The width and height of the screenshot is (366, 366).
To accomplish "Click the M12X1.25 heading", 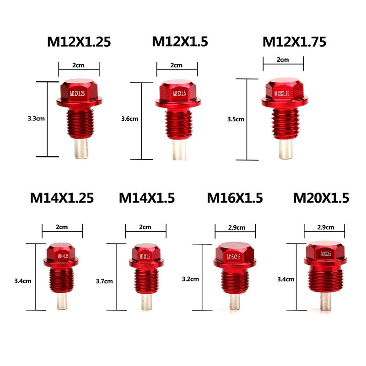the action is tap(79, 42).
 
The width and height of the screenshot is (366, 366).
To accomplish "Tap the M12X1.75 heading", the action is tap(294, 42).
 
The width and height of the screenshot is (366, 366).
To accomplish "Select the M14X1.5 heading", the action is tap(147, 198).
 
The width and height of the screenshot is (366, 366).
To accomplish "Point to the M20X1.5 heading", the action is tap(321, 198).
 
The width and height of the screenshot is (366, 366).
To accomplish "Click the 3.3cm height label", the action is tap(36, 118).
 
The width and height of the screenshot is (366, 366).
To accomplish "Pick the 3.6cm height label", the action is tap(129, 119).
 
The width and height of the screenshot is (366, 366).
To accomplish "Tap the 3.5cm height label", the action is tap(236, 119).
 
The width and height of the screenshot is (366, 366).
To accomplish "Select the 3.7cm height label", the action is tap(104, 281).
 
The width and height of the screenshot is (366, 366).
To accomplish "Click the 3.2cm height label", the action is tap(190, 279).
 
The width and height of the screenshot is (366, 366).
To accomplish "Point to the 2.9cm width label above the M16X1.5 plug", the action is tap(237, 227).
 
